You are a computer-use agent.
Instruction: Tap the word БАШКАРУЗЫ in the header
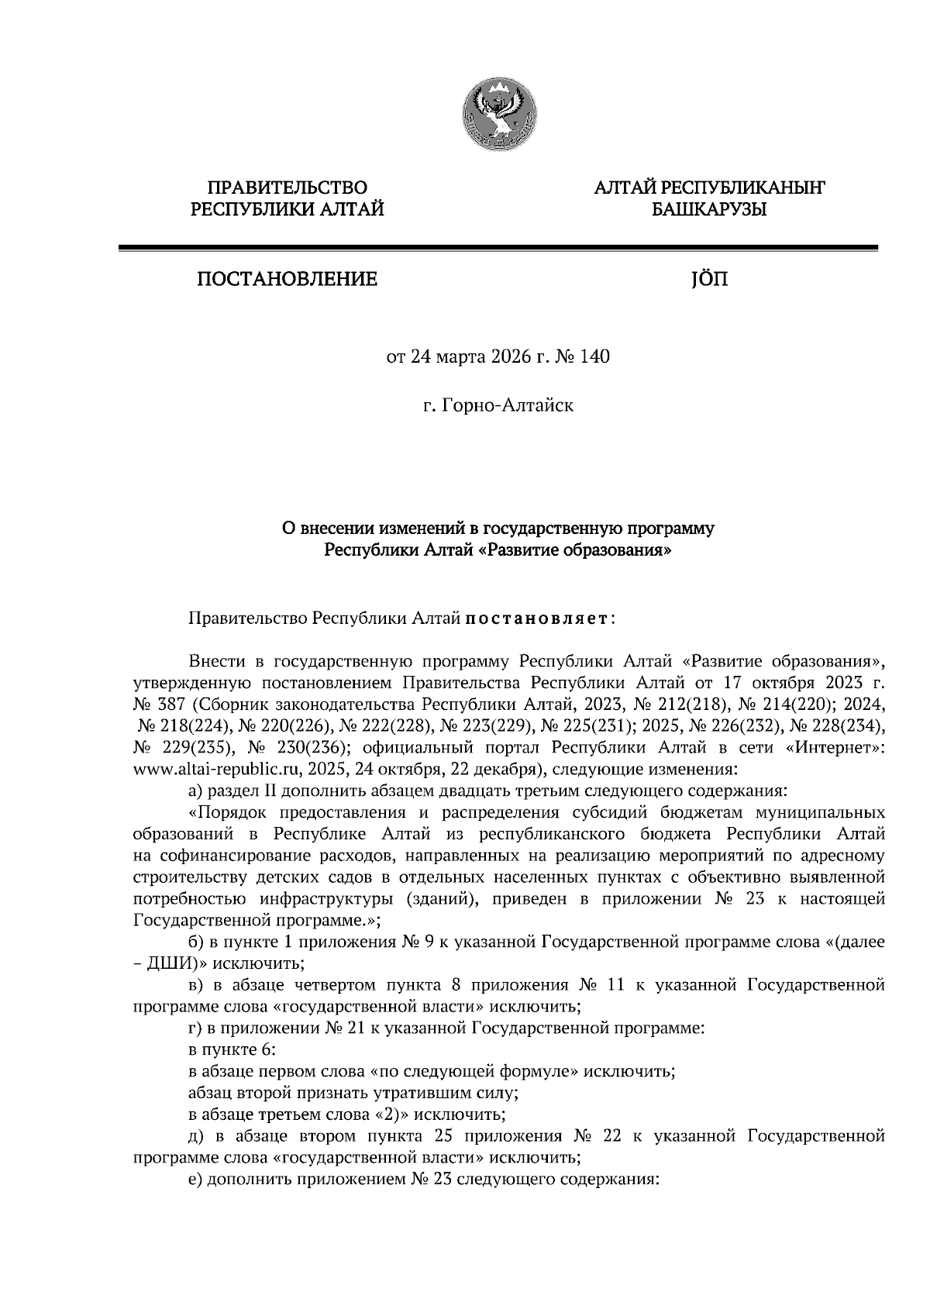click(708, 209)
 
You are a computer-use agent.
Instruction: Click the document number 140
click(594, 357)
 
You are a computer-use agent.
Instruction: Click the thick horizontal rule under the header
click(497, 247)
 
